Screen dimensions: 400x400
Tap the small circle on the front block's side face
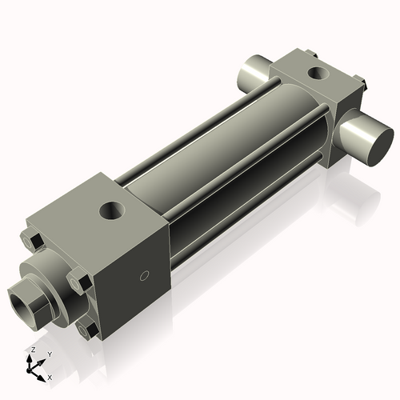tap(144, 277)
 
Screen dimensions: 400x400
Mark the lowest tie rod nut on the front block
tap(87, 328)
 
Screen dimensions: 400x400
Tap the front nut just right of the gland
tap(78, 282)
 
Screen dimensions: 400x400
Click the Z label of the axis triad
tap(31, 350)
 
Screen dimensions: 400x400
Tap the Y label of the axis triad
tap(50, 354)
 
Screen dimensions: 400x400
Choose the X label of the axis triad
tap(50, 376)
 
